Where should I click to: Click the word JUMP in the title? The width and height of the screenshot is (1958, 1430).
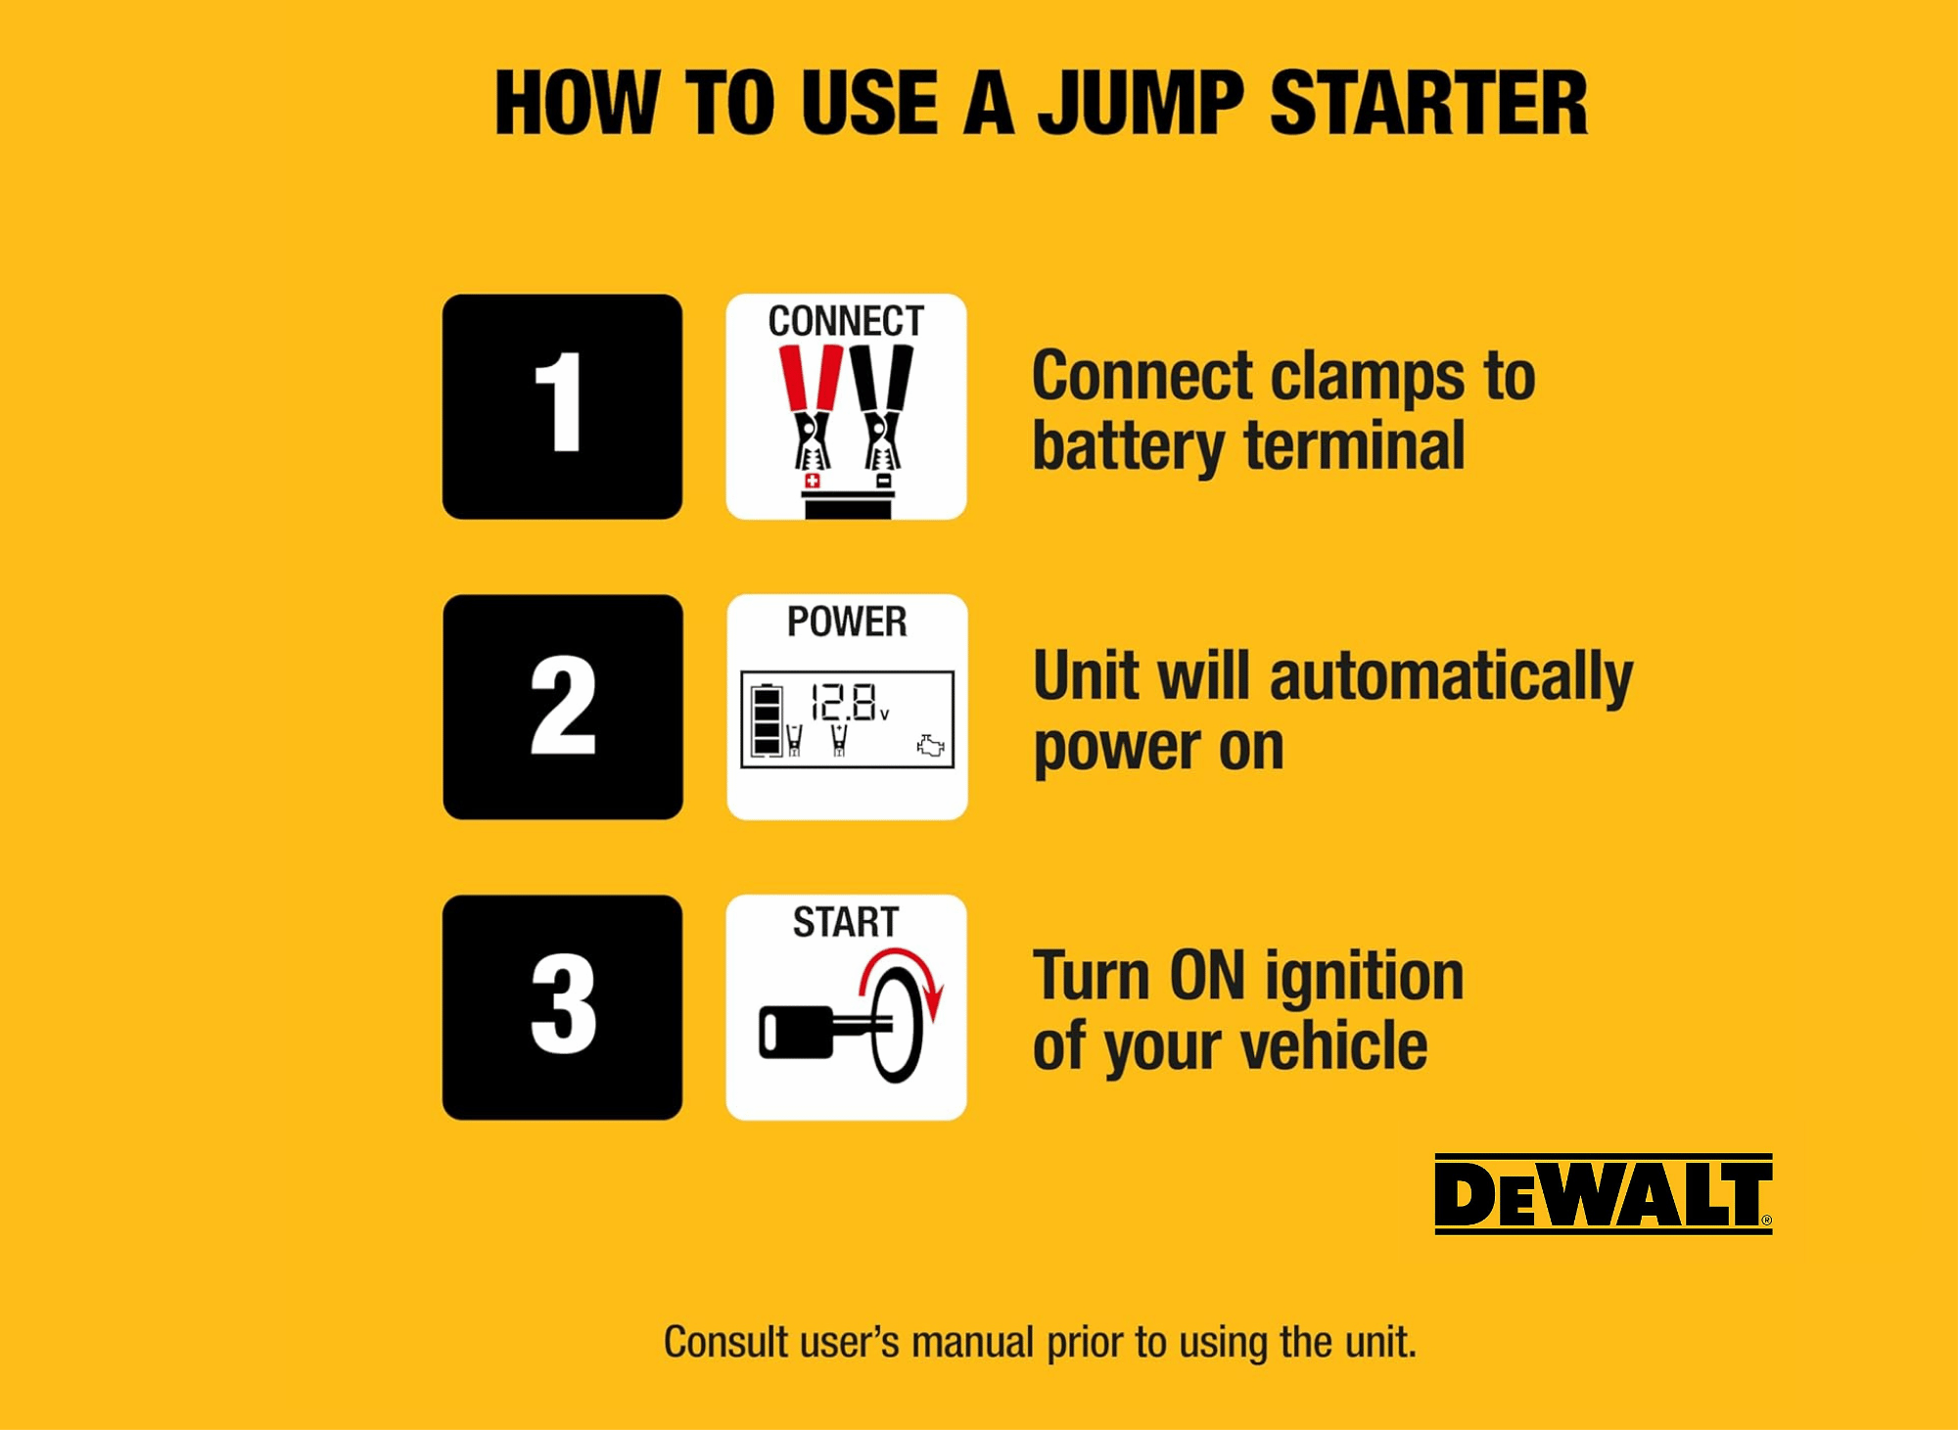pyautogui.click(x=1141, y=103)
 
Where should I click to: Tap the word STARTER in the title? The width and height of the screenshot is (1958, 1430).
pyautogui.click(x=1428, y=103)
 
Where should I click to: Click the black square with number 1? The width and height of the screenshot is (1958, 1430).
pyautogui.click(x=562, y=406)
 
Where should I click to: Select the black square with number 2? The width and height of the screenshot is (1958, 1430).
pyautogui.click(x=563, y=707)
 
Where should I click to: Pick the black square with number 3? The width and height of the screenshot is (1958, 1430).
pyautogui.click(x=562, y=1007)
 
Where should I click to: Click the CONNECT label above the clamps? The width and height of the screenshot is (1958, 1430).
pyautogui.click(x=846, y=321)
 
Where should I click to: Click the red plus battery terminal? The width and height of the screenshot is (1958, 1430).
pyautogui.click(x=812, y=481)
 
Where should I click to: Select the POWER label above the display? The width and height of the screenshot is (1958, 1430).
pyautogui.click(x=847, y=622)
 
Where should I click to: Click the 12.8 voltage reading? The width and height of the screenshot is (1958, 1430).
pyautogui.click(x=843, y=702)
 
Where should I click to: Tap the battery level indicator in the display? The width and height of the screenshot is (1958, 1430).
pyautogui.click(x=767, y=720)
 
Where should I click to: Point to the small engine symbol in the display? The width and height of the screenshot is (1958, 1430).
pyautogui.click(x=930, y=747)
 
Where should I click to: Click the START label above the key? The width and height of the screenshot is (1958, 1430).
pyautogui.click(x=846, y=922)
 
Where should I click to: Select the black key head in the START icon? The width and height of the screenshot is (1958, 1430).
pyautogui.click(x=796, y=1033)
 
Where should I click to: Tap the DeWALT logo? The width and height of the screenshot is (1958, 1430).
pyautogui.click(x=1604, y=1194)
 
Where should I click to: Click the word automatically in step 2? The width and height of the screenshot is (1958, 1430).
pyautogui.click(x=1452, y=678)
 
